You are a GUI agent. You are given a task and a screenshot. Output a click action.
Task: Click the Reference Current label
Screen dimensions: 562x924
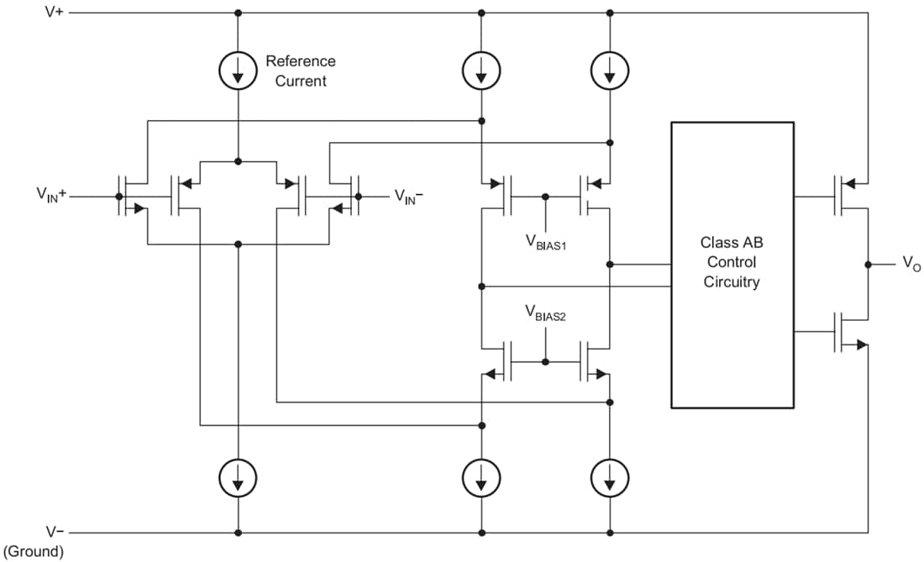click(x=300, y=71)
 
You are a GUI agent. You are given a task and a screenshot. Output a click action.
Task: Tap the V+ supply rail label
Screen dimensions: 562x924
click(x=55, y=13)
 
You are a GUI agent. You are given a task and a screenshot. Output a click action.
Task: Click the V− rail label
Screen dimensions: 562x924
click(x=55, y=532)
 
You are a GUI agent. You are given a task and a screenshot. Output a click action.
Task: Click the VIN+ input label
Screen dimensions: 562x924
click(x=50, y=195)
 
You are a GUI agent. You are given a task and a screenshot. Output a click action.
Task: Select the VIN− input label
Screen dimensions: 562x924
click(x=409, y=196)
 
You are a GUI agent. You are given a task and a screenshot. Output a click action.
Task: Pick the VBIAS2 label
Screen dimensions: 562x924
click(x=547, y=313)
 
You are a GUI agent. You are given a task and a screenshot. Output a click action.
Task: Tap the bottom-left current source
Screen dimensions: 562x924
click(x=239, y=479)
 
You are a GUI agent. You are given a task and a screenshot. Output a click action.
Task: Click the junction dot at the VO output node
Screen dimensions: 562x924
click(x=867, y=265)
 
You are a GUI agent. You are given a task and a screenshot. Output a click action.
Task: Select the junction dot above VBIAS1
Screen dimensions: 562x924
click(x=546, y=197)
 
